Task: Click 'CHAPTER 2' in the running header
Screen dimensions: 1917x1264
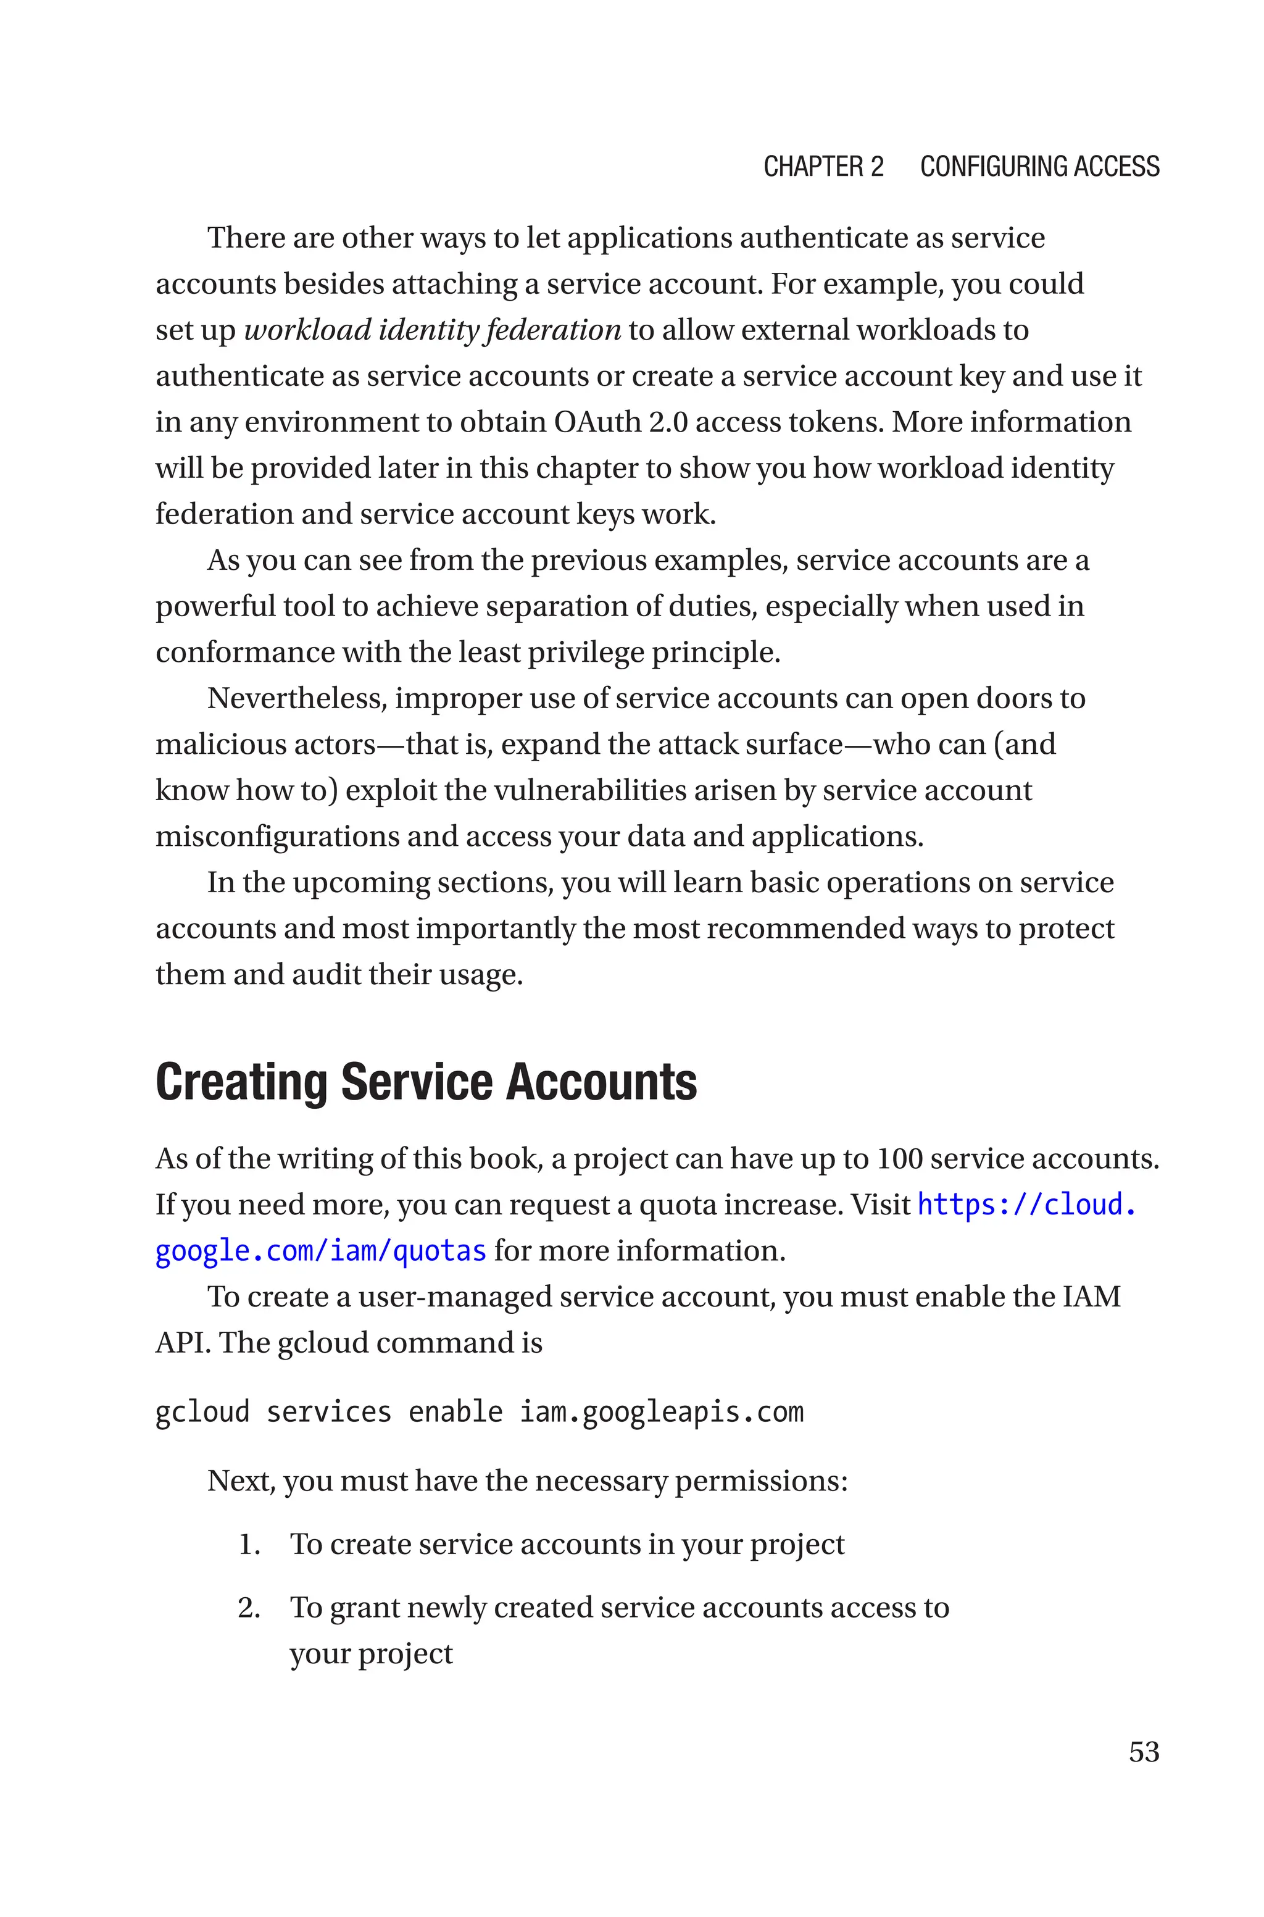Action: pyautogui.click(x=823, y=166)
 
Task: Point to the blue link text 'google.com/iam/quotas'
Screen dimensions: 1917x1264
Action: pyautogui.click(x=320, y=1250)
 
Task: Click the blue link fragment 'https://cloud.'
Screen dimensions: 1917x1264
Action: pyautogui.click(x=1026, y=1205)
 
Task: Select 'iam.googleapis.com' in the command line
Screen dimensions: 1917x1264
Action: pyautogui.click(x=661, y=1411)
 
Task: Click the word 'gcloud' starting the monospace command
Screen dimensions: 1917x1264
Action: pyautogui.click(x=202, y=1411)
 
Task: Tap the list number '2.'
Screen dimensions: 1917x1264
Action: pyautogui.click(x=249, y=1608)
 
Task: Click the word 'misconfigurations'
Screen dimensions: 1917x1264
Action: pyautogui.click(x=276, y=836)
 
